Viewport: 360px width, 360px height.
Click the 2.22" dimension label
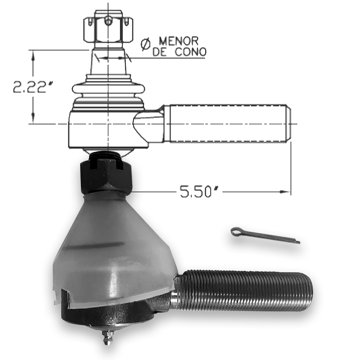pos(29,87)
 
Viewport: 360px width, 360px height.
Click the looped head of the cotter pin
pos(235,232)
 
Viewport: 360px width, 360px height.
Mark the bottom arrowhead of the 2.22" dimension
pos(33,120)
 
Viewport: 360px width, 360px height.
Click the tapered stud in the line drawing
pos(108,63)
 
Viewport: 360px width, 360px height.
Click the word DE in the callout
pos(160,53)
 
